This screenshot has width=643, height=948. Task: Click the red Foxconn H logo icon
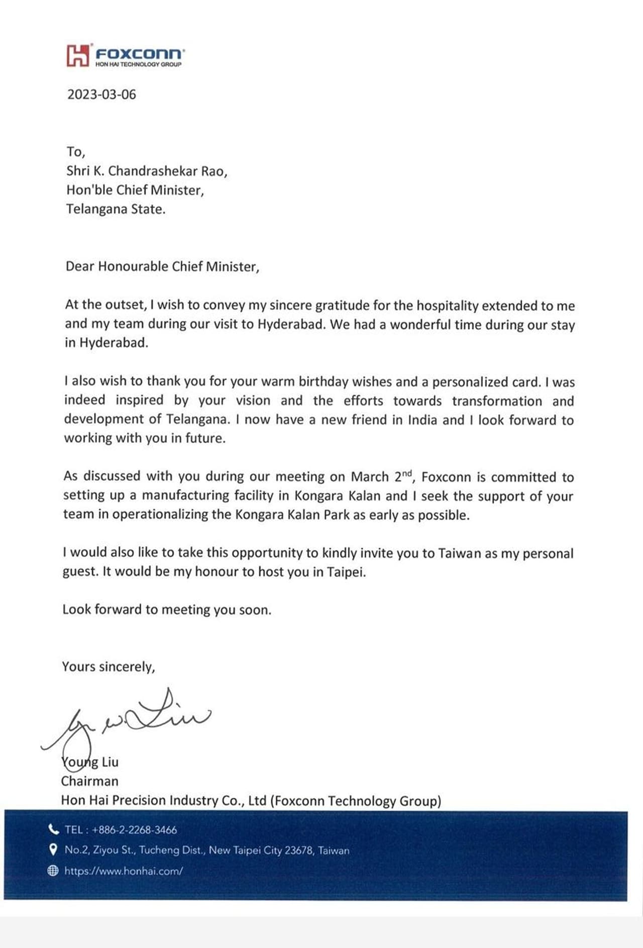tap(78, 55)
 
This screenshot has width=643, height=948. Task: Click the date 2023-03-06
tap(101, 94)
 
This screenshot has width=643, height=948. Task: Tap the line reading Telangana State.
tap(116, 209)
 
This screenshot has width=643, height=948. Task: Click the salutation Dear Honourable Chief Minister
tap(162, 266)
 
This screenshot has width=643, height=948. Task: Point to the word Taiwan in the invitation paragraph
tap(459, 553)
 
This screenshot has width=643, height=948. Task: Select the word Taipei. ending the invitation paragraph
tap(346, 572)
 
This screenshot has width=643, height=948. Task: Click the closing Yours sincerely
tap(109, 667)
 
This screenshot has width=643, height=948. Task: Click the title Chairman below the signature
tap(90, 781)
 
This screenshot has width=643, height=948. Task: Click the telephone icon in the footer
tap(53, 829)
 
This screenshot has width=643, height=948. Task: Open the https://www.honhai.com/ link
tap(124, 871)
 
